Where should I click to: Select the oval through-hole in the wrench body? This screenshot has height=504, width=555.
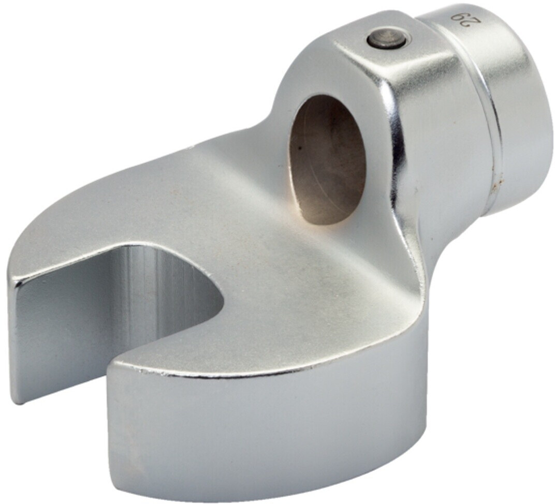[327, 159]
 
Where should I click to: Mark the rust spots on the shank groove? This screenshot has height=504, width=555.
[497, 179]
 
